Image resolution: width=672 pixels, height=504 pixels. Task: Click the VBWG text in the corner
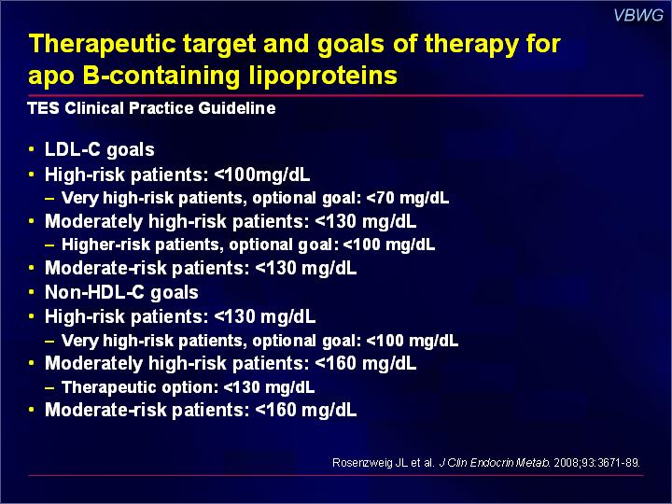click(638, 16)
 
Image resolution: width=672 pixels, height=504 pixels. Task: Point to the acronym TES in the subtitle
click(43, 108)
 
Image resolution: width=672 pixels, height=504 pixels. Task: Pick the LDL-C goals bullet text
click(100, 150)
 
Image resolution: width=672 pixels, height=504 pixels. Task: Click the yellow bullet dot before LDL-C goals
click(31, 149)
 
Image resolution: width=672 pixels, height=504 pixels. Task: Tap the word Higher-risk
click(105, 245)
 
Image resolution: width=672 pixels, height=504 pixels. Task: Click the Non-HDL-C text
click(94, 292)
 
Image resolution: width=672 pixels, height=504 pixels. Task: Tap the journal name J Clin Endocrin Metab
click(495, 463)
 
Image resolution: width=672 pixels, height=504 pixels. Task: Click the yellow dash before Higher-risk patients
click(49, 245)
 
